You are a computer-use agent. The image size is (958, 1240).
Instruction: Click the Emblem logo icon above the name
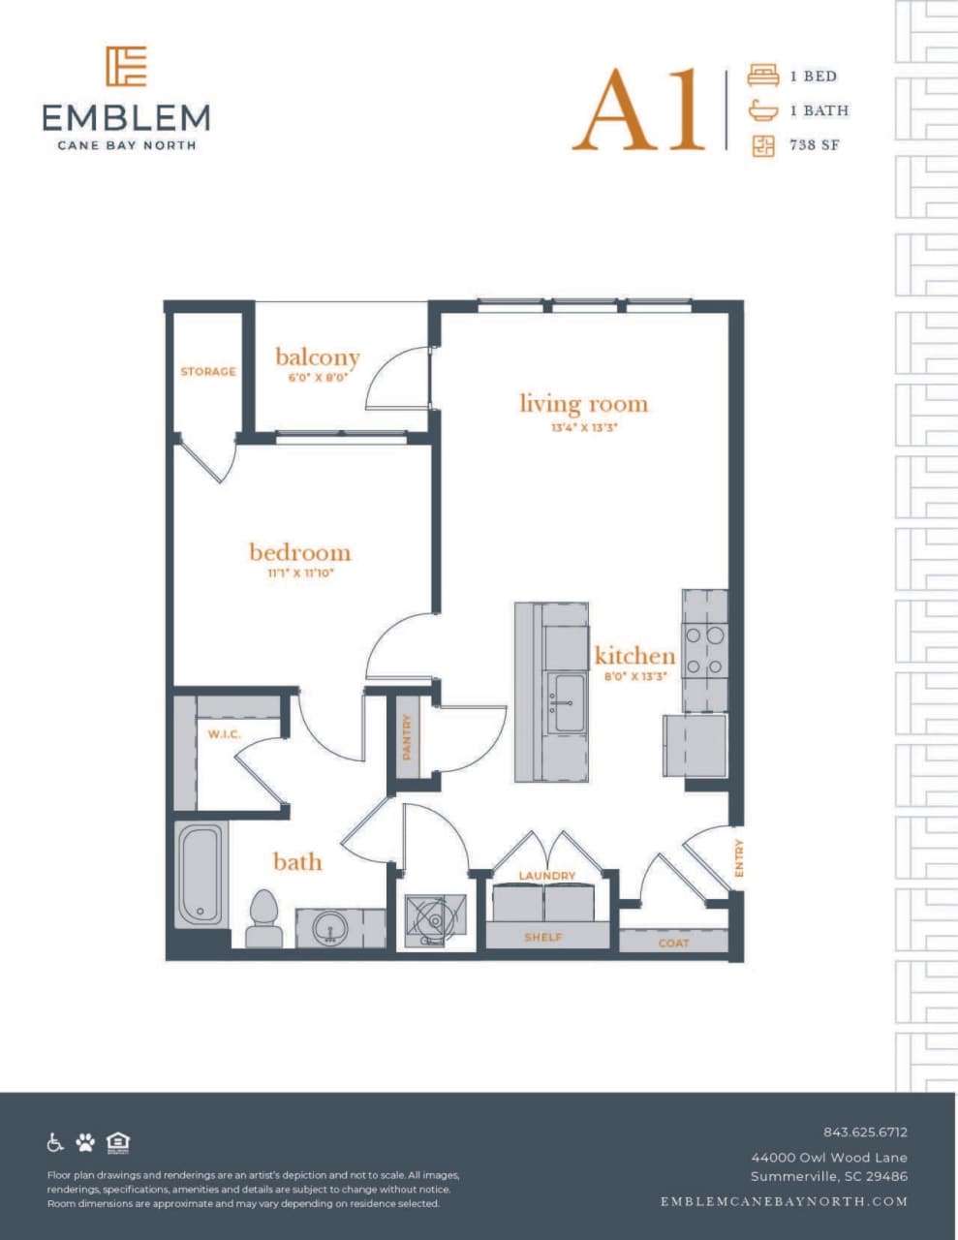[x=126, y=66]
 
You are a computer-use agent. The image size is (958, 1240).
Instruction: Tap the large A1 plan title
[x=639, y=110]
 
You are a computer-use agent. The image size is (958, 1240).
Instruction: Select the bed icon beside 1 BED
[x=762, y=76]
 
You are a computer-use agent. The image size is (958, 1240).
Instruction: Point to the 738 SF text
[x=814, y=146]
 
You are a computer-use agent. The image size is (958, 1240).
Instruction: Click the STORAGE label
[x=207, y=372]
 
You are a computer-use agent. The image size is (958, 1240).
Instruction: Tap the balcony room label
[x=317, y=356]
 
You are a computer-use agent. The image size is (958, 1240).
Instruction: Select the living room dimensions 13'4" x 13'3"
[x=584, y=426]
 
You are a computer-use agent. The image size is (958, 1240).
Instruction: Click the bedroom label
[x=299, y=552]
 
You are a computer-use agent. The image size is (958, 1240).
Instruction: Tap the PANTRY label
[x=407, y=736]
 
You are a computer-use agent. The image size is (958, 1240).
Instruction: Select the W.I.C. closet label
[x=224, y=734]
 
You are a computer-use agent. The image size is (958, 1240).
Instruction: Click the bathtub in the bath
[x=201, y=874]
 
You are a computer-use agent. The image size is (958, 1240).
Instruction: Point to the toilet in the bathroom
[x=263, y=917]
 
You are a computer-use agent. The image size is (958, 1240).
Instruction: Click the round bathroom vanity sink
[x=330, y=929]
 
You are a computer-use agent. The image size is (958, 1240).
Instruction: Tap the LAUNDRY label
[x=547, y=876]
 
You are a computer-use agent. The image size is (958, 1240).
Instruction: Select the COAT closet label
[x=673, y=943]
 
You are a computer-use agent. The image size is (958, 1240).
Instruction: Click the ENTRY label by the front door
[x=739, y=858]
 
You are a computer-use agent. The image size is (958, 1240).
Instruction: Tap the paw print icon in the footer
[x=85, y=1142]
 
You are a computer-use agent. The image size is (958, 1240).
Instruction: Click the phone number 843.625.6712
[x=865, y=1131]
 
